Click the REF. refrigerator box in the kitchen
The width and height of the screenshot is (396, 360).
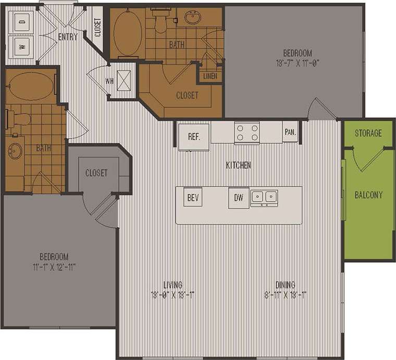point(194,136)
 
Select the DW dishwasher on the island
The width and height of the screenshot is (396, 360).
point(239,198)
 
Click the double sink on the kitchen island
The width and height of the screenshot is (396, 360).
point(264,197)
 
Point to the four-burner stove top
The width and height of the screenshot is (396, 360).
point(246,132)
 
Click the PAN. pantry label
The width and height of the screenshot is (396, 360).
point(290,132)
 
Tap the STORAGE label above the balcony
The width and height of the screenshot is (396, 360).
point(368,133)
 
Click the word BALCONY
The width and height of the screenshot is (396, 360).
point(368,195)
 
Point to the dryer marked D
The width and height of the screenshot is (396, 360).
point(22,21)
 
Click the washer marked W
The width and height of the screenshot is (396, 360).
point(22,45)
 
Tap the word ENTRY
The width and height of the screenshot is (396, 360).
point(68,37)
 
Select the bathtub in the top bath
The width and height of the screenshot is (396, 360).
point(125,32)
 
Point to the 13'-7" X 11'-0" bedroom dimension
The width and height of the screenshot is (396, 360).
point(297,63)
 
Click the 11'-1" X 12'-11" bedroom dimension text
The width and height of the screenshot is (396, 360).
point(54,267)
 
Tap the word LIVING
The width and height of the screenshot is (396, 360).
point(172,285)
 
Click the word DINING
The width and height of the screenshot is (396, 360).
point(286,285)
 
